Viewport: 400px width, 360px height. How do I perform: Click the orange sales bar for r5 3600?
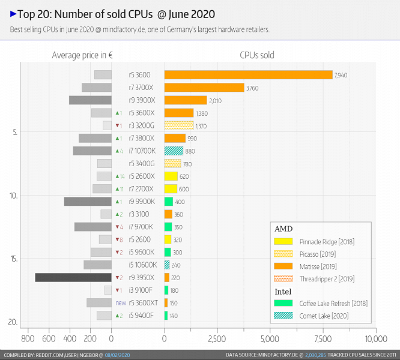(x=248, y=75)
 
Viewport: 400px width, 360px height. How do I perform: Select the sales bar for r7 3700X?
(x=204, y=88)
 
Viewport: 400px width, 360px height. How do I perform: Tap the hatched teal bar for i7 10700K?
(x=174, y=151)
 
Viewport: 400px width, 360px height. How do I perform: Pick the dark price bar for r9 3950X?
(x=73, y=277)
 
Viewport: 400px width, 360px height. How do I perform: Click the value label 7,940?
(x=341, y=75)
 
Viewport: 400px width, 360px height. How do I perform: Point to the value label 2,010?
(x=216, y=101)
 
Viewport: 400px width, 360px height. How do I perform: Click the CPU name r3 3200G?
(x=142, y=125)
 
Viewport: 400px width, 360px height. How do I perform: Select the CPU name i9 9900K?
(x=142, y=202)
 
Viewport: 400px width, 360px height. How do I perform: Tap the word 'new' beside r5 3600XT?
(x=121, y=302)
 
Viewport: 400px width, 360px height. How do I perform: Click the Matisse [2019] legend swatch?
(x=283, y=266)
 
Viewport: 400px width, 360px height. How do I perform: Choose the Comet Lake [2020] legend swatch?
(x=283, y=316)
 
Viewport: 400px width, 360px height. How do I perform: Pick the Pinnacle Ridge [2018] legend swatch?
(x=283, y=241)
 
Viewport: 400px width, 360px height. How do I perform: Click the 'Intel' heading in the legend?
(x=283, y=292)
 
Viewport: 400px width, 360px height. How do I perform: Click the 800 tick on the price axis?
(x=27, y=338)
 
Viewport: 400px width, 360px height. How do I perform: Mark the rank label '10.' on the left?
(x=13, y=196)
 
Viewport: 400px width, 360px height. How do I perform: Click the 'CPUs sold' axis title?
(x=256, y=55)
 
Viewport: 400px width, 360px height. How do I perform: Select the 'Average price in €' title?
(x=83, y=55)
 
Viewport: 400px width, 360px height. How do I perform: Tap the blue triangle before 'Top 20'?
(x=13, y=13)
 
